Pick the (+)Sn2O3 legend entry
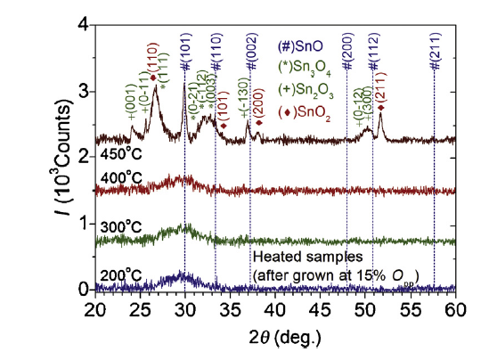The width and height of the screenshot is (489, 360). pos(306,91)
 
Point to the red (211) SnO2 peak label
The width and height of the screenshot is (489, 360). pos(381,88)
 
